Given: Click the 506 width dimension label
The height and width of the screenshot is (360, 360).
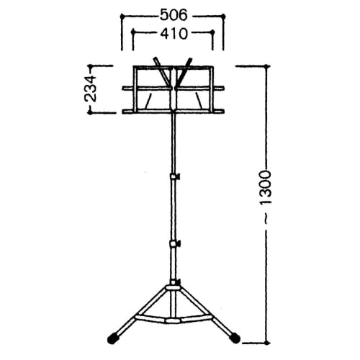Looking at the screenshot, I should (172, 14).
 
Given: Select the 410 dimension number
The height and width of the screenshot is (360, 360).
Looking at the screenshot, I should (172, 32).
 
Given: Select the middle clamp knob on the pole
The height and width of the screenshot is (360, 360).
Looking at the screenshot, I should (174, 243).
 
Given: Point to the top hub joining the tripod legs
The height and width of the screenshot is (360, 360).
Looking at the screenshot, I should (173, 289).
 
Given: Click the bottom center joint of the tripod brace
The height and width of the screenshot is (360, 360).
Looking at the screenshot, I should (173, 318).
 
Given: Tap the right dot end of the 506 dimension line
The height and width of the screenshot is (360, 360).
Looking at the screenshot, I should (222, 14).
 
